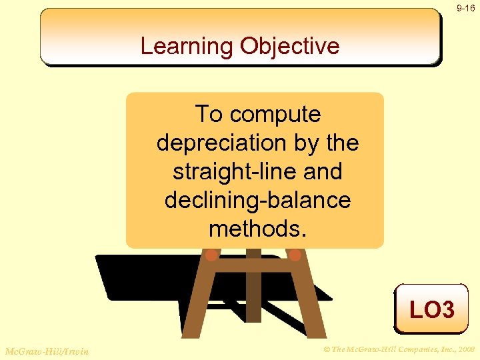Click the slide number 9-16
[x=465, y=8]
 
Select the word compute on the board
[x=275, y=115]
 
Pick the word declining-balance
[x=257, y=200]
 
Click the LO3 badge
[x=431, y=309]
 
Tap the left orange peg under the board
[x=211, y=255]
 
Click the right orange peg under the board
[x=295, y=255]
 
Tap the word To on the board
[x=209, y=115]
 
